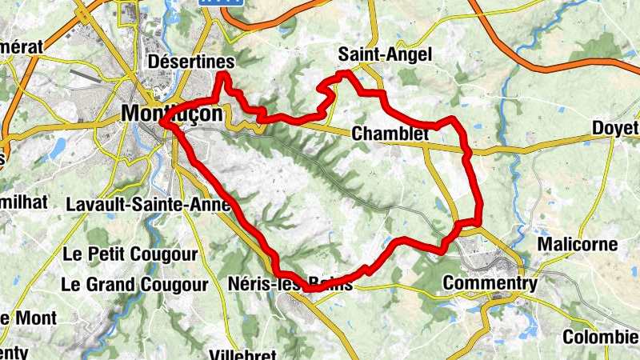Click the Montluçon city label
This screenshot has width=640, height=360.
pos(172,114)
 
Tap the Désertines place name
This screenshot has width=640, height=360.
pos(192,62)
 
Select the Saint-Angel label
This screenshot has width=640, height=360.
pos(384,54)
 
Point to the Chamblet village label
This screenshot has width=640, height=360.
pos(390,134)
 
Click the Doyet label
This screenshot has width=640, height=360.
pos(615,129)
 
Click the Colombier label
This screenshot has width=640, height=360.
pos(601,337)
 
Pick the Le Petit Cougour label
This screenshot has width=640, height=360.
pos(130,256)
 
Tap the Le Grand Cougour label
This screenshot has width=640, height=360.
pos(134,284)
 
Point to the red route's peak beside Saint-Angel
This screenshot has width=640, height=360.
pos(344,73)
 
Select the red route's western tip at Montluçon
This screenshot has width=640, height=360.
pos(162,124)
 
